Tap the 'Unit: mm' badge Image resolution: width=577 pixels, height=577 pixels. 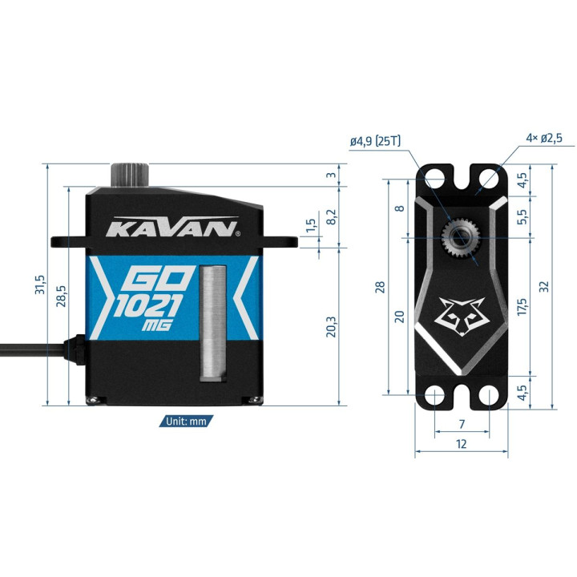[x=186, y=421]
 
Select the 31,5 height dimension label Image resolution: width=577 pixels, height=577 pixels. [x=40, y=284]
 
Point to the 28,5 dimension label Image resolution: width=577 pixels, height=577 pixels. [x=61, y=296]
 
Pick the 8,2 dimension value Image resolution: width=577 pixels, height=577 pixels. [x=331, y=217]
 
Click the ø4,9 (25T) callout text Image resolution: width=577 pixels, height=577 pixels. [x=375, y=141]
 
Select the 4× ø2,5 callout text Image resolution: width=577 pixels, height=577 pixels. [x=544, y=139]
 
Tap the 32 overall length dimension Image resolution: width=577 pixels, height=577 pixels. [x=544, y=286]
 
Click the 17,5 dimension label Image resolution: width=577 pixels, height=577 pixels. [x=522, y=306]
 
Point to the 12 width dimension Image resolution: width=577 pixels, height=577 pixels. [x=461, y=444]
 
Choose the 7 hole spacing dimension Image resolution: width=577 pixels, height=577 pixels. [x=462, y=424]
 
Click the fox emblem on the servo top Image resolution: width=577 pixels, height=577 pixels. [x=462, y=317]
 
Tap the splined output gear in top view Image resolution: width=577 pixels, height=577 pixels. [x=460, y=238]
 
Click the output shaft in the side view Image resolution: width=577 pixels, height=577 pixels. [x=130, y=176]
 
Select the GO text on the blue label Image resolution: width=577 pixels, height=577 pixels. [x=159, y=278]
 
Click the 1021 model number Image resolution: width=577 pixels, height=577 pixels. [x=148, y=305]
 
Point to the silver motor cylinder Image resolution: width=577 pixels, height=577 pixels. [x=213, y=323]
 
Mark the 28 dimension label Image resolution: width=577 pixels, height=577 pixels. [x=380, y=287]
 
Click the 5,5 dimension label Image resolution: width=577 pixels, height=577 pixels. [x=522, y=216]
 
